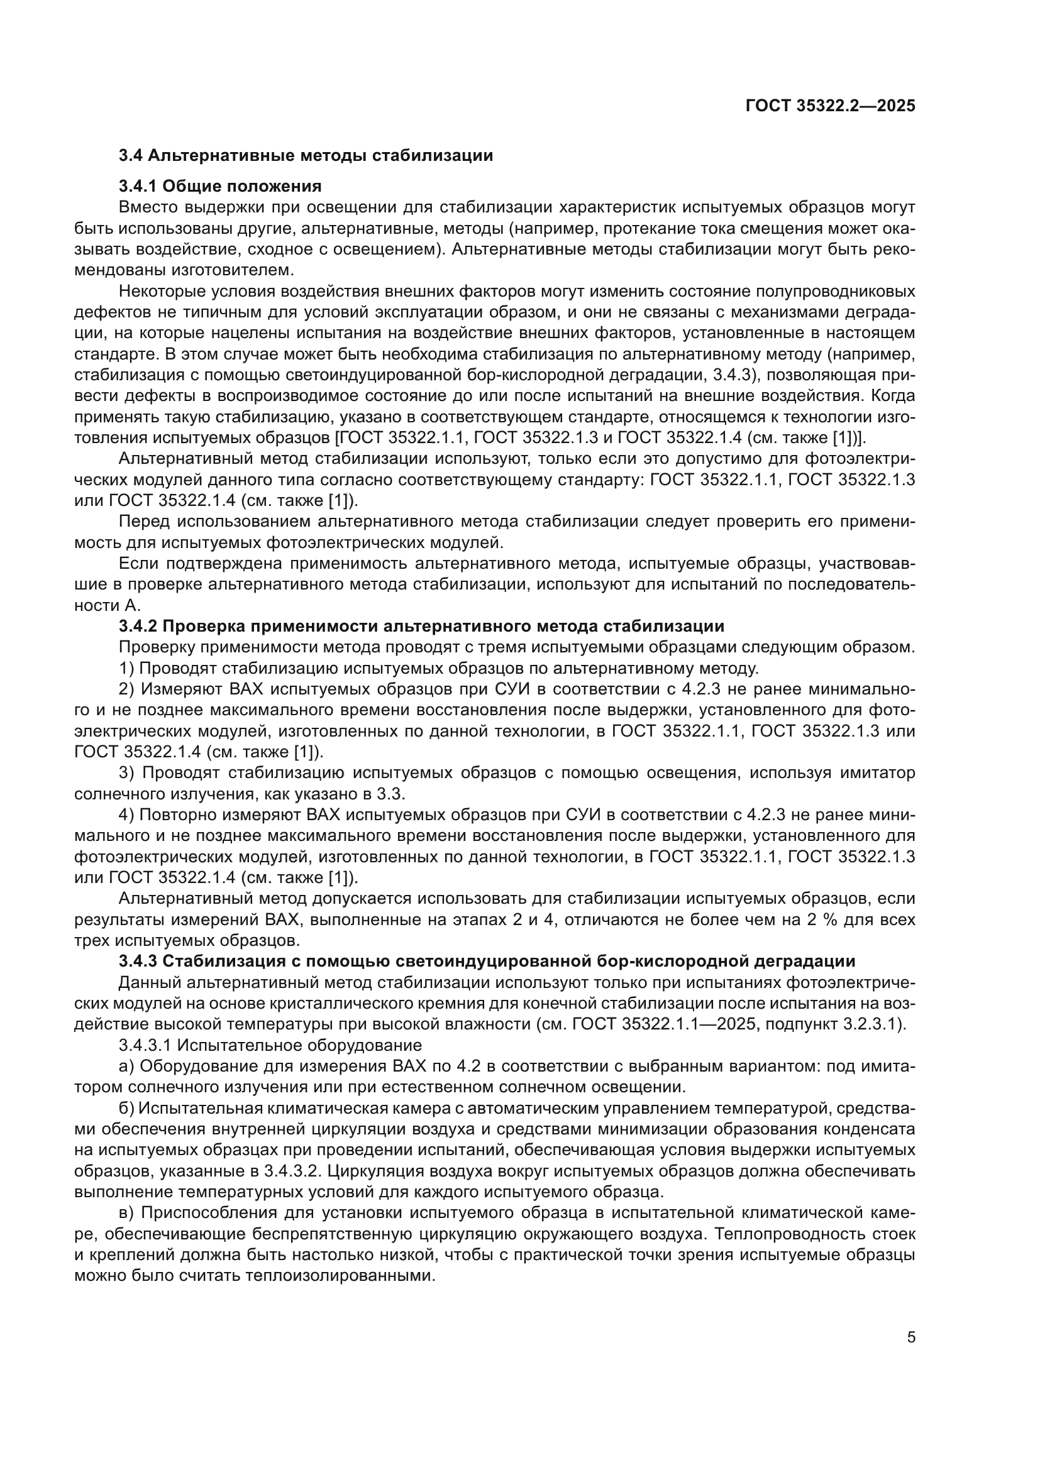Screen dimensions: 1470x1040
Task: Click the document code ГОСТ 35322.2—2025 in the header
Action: pyautogui.click(x=830, y=106)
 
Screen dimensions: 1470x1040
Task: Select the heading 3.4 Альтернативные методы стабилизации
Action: pyautogui.click(x=306, y=156)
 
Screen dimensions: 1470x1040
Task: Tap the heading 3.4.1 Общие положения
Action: pyautogui.click(x=220, y=186)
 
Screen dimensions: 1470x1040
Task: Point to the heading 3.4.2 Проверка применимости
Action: pyautogui.click(x=421, y=625)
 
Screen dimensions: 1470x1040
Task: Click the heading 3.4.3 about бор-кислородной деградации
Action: pyautogui.click(x=487, y=961)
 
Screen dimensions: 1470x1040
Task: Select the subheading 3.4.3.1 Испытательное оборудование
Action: pyautogui.click(x=270, y=1046)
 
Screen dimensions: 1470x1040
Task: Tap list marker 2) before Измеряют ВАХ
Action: pyautogui.click(x=127, y=689)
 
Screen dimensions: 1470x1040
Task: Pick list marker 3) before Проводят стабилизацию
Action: pyautogui.click(x=127, y=774)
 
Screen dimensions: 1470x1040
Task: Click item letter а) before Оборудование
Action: pyautogui.click(x=126, y=1067)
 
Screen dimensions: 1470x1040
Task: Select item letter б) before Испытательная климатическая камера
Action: pyautogui.click(x=126, y=1108)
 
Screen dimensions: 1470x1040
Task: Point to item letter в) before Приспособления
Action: pyautogui.click(x=126, y=1213)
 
